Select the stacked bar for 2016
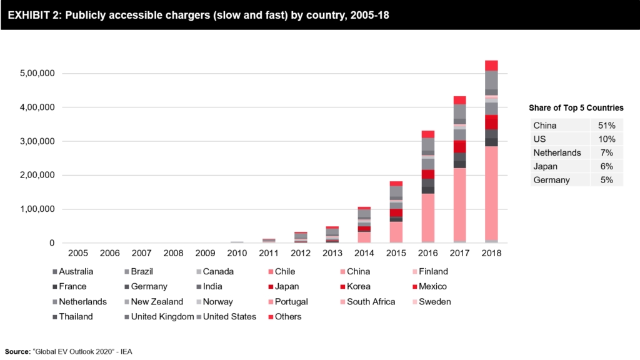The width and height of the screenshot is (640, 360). click(x=427, y=187)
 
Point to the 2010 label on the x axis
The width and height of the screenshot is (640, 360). click(x=237, y=253)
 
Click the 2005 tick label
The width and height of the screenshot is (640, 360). click(x=77, y=253)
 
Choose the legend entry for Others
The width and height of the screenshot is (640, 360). click(x=287, y=316)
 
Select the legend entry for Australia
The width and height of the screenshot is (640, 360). click(x=76, y=271)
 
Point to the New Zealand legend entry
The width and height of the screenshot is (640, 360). click(x=156, y=301)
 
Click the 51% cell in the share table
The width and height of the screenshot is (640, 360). click(x=606, y=125)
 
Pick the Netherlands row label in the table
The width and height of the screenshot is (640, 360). click(x=557, y=152)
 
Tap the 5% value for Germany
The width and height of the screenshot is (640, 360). click(x=606, y=180)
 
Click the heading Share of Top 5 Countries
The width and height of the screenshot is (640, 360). click(x=576, y=107)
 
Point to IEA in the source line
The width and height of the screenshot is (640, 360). click(x=124, y=352)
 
